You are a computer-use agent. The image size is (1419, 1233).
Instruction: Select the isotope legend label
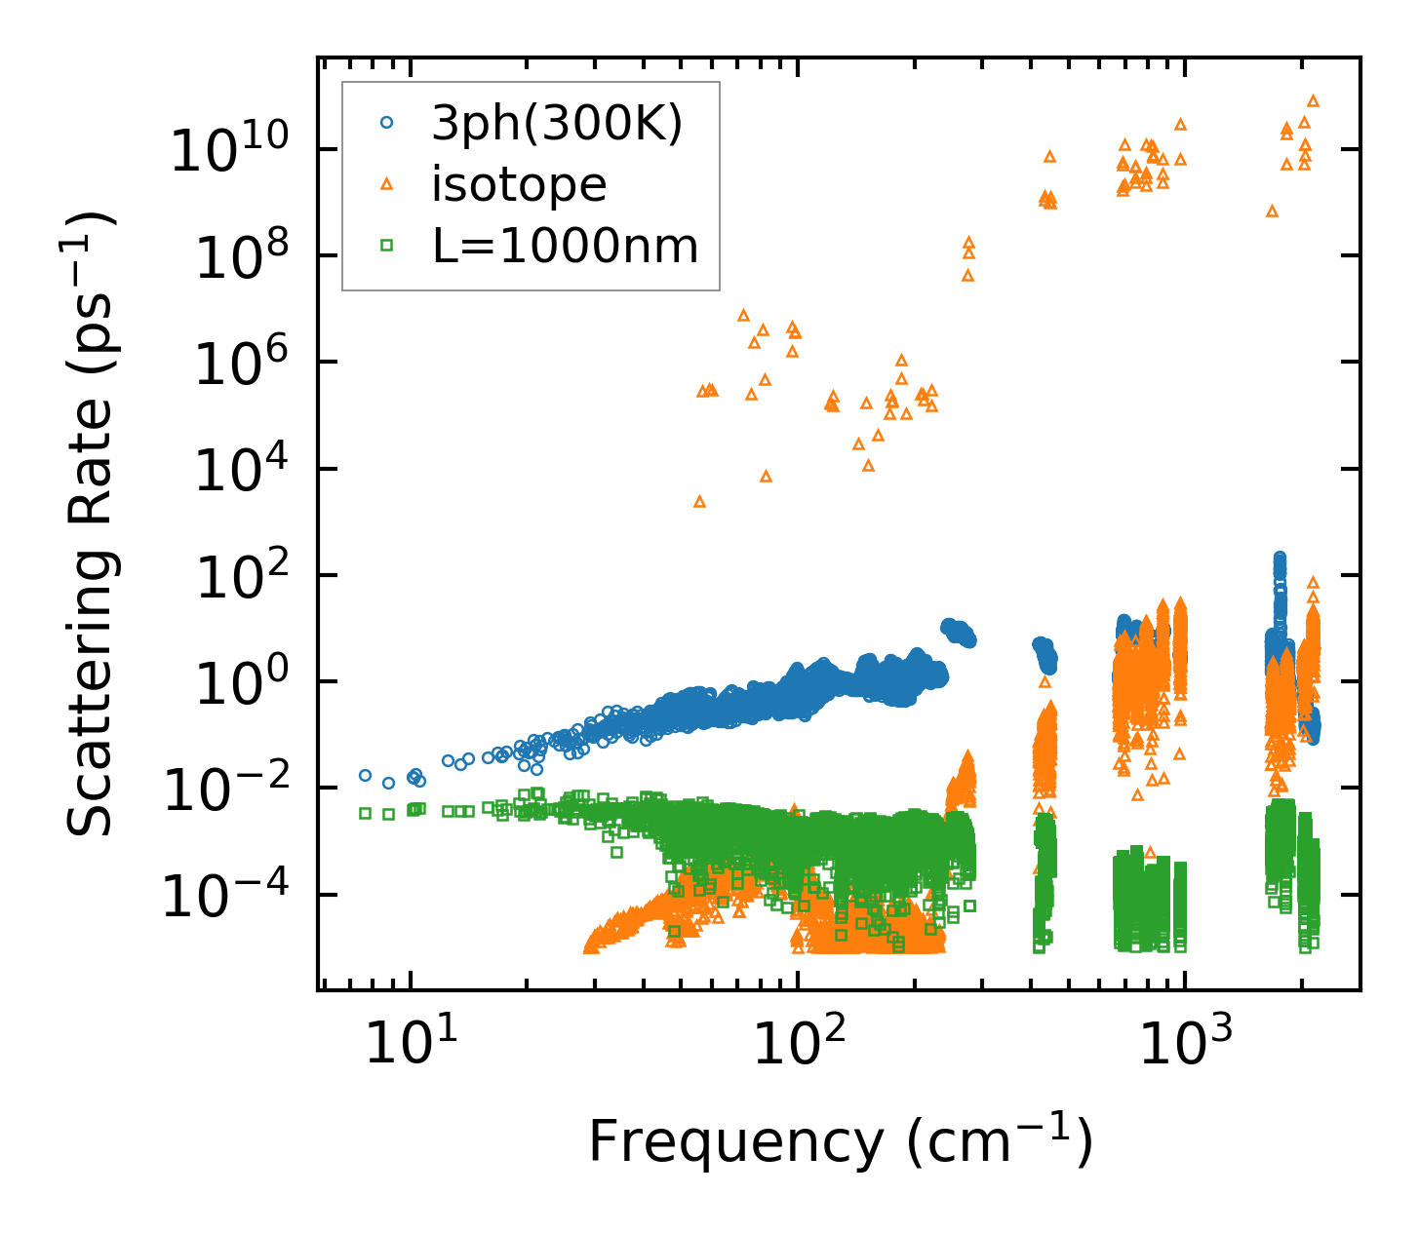(519, 184)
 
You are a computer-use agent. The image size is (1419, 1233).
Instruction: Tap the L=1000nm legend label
(566, 247)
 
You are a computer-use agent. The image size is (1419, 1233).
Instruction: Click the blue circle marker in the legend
(387, 123)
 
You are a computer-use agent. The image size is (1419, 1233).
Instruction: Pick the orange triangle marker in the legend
(387, 183)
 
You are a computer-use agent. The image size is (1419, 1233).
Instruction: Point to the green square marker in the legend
(387, 247)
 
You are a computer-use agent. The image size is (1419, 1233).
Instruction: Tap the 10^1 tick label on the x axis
(410, 1043)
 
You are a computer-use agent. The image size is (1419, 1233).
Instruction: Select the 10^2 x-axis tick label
(797, 1043)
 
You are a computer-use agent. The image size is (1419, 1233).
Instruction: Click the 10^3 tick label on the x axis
(1183, 1043)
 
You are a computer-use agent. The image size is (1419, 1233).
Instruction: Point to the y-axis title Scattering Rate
(91, 523)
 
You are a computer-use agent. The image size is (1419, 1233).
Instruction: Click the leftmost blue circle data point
(366, 775)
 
